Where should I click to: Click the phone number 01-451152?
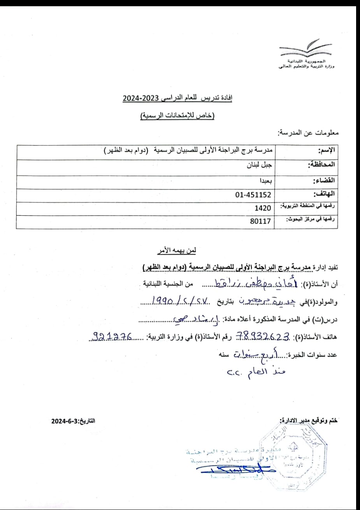pyautogui.click(x=253, y=194)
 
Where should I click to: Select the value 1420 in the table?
pyautogui.click(x=263, y=208)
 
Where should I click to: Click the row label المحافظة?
pyautogui.click(x=321, y=165)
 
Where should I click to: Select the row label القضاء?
pyautogui.click(x=324, y=180)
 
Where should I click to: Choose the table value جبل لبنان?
pyautogui.click(x=260, y=164)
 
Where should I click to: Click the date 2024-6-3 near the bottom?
pyautogui.click(x=68, y=421)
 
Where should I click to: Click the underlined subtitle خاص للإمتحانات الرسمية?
pyautogui.click(x=177, y=116)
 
